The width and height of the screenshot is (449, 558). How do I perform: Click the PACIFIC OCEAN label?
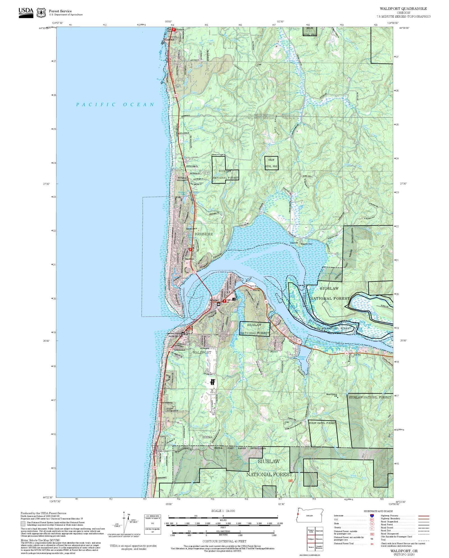pyautogui.click(x=115, y=105)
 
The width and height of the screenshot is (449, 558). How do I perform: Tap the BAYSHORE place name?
pyautogui.click(x=204, y=234)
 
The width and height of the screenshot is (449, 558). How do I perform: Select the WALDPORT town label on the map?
pyautogui.click(x=202, y=352)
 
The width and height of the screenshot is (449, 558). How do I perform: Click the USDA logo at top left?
pyautogui.click(x=26, y=13)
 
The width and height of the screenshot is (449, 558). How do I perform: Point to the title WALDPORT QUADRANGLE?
pyautogui.click(x=403, y=9)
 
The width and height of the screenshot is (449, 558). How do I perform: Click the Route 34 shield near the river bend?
pyautogui.click(x=266, y=301)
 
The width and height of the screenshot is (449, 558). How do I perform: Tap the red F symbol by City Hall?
pyautogui.click(x=224, y=301)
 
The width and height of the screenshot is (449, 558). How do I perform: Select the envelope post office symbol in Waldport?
pyautogui.click(x=219, y=304)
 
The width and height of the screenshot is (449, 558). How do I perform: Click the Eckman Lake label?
pyautogui.click(x=302, y=358)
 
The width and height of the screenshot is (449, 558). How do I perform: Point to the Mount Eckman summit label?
pyautogui.click(x=331, y=394)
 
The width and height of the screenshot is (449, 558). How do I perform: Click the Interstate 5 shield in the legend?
pyautogui.click(x=372, y=516)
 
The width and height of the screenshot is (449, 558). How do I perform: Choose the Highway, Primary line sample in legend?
pyautogui.click(x=423, y=516)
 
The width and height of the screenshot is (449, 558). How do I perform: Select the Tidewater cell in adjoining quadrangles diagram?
pyautogui.click(x=319, y=539)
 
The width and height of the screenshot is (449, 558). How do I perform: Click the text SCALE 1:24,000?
pyautogui.click(x=223, y=511)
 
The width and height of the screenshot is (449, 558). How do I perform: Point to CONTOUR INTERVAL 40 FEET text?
pyautogui.click(x=224, y=541)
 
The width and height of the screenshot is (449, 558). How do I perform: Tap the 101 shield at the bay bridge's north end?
pyautogui.click(x=194, y=272)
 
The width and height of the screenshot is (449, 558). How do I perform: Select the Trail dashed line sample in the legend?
pyautogui.click(x=423, y=540)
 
